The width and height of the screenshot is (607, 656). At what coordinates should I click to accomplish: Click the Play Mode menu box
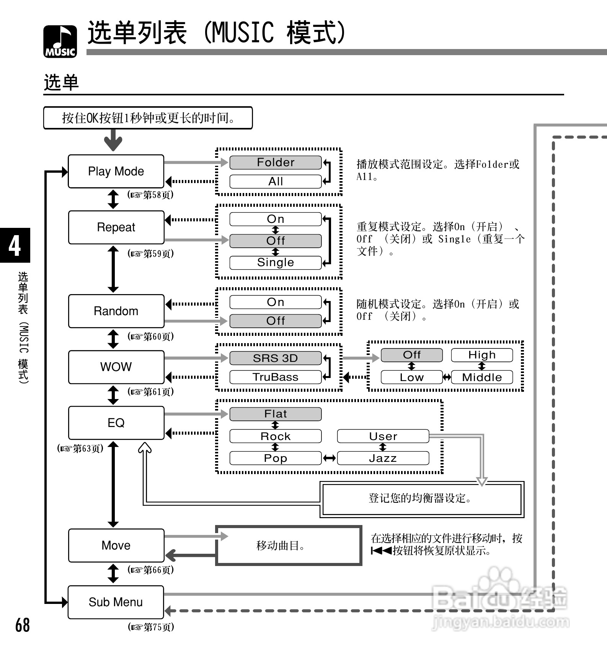point(116,171)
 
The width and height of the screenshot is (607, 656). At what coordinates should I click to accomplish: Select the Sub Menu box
point(116,602)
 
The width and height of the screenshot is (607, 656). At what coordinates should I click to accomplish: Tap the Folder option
point(275,162)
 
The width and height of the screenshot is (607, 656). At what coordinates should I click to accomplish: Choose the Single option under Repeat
point(275,263)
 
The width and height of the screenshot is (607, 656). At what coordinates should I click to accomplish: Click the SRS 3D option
point(275,358)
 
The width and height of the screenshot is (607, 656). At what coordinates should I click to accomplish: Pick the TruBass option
point(275,377)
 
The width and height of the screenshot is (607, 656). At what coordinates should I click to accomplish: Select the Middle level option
point(481,377)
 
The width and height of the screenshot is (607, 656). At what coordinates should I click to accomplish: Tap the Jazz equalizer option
point(383,458)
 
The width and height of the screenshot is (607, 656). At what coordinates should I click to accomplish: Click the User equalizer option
point(383,436)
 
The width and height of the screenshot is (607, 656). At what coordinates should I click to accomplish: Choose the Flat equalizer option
point(275,414)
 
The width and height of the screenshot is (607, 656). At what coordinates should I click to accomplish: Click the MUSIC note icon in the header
point(60,41)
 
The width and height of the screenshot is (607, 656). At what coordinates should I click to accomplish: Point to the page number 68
point(22,625)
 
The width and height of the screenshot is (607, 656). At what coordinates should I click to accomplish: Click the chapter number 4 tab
point(15,245)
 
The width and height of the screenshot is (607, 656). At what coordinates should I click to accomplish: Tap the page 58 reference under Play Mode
point(150,195)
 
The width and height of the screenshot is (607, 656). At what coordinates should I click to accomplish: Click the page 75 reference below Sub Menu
point(151,627)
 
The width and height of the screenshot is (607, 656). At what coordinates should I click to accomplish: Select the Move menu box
point(116,545)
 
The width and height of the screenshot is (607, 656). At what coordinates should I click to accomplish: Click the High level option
point(481,355)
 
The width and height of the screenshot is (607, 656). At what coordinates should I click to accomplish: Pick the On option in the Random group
point(275,302)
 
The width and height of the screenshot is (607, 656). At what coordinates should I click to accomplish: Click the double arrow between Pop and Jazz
point(329,458)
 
